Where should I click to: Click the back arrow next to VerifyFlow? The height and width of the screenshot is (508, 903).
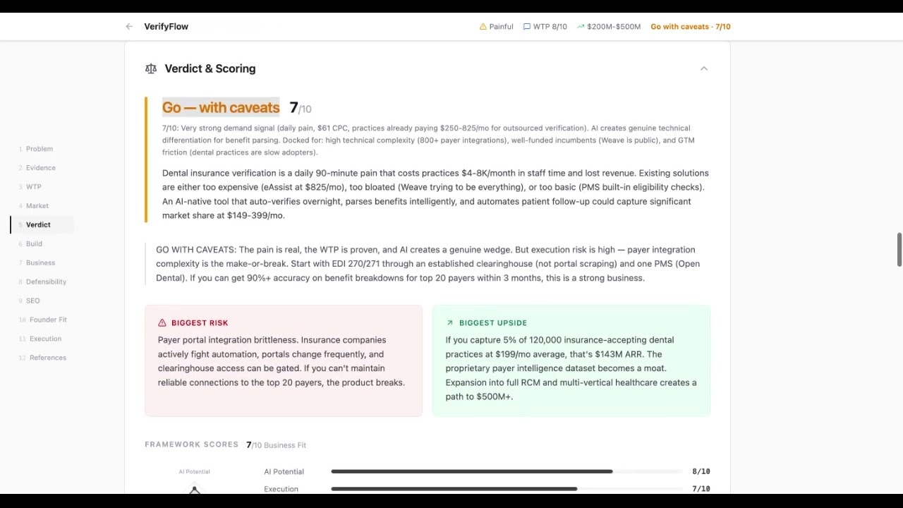click(x=129, y=27)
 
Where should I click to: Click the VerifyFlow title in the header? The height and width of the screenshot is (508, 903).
click(x=166, y=27)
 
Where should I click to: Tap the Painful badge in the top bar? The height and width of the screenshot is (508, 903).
click(x=497, y=27)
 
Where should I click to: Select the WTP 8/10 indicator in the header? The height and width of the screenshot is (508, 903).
click(x=545, y=27)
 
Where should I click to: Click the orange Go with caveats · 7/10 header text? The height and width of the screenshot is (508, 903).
click(x=690, y=27)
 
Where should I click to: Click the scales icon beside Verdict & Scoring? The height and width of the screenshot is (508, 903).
click(x=150, y=68)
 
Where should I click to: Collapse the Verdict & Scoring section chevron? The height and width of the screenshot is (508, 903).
click(x=703, y=68)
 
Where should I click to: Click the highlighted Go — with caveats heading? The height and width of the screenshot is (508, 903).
click(x=221, y=107)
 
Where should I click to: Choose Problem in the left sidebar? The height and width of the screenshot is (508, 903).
click(x=39, y=149)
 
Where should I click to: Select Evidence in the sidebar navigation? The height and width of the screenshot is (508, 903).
click(x=40, y=168)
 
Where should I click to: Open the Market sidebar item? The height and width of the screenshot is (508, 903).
click(x=37, y=206)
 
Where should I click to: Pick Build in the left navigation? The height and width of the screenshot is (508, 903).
click(x=34, y=244)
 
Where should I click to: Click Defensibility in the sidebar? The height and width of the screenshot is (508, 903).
click(x=46, y=282)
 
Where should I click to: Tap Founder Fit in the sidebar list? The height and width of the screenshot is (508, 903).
click(x=48, y=320)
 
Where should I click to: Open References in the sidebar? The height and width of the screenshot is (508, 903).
click(x=47, y=358)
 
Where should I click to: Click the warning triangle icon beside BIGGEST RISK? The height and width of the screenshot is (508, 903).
click(x=162, y=323)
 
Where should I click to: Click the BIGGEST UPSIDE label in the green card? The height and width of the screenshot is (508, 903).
click(x=492, y=323)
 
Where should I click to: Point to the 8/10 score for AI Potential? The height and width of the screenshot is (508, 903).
click(x=701, y=471)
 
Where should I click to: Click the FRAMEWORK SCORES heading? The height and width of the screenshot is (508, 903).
click(x=191, y=445)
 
